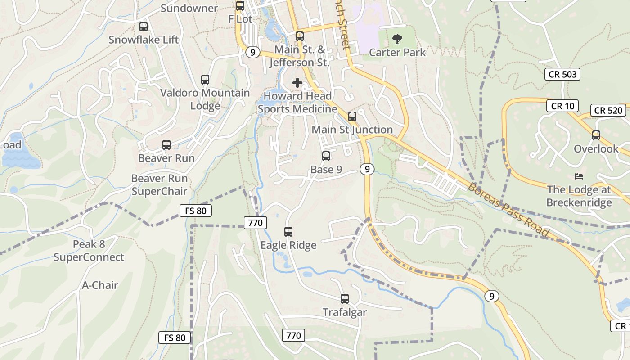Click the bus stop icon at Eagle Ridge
click(288, 232)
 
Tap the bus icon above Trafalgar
click(345, 298)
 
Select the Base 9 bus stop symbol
click(326, 156)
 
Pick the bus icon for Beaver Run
click(166, 145)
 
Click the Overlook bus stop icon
click(596, 135)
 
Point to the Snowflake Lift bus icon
click(144, 27)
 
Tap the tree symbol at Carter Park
click(397, 40)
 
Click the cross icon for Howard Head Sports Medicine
click(297, 83)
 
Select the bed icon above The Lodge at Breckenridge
click(579, 176)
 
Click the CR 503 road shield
click(562, 74)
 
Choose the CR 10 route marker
click(562, 106)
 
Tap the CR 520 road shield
click(608, 110)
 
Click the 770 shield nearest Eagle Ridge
click(256, 222)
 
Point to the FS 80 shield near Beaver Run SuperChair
click(195, 211)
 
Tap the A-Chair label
click(100, 285)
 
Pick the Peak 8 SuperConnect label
click(89, 251)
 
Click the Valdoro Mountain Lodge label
click(205, 99)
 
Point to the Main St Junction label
click(352, 130)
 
